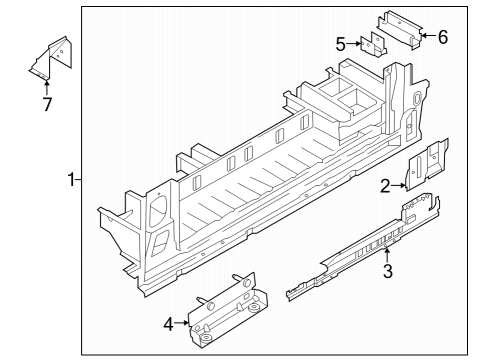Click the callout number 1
coord(71,180)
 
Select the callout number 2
coord(385,186)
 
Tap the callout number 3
coord(387,271)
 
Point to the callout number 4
coord(169,324)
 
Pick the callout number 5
coord(340,44)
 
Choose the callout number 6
coord(443,37)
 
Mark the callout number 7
coord(47,104)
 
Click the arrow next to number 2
coord(399,186)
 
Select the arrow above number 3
coord(387,253)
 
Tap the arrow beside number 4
coord(182,323)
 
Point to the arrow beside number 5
coord(354,44)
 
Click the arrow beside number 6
coord(429,35)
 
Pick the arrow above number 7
coord(47,86)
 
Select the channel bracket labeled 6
coord(400,29)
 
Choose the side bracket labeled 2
coord(426,164)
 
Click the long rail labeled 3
coord(362,247)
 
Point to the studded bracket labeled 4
coord(227,310)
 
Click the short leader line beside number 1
coord(78,180)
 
